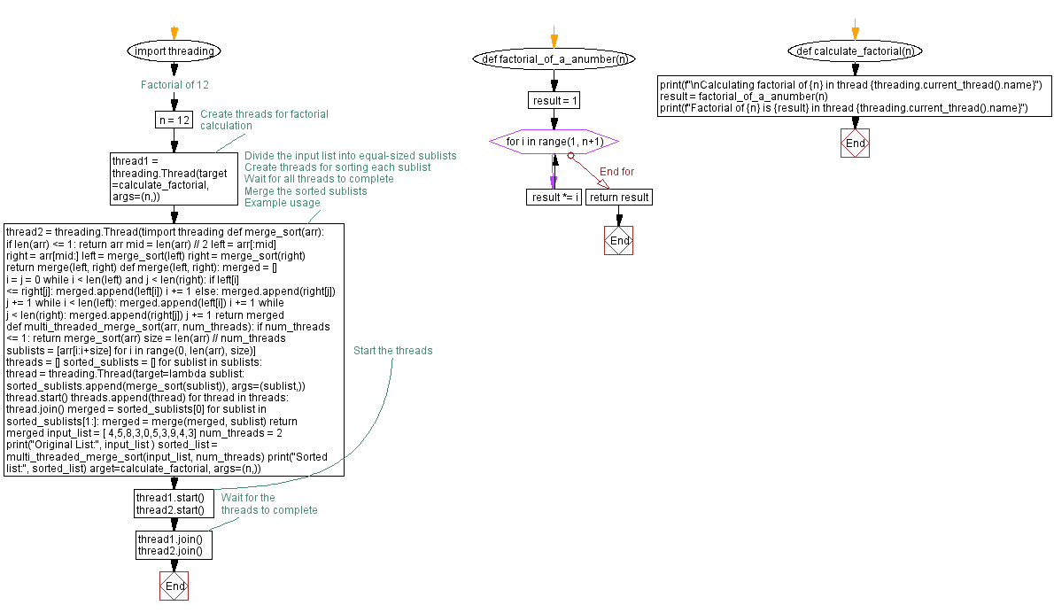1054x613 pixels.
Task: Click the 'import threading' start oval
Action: point(174,51)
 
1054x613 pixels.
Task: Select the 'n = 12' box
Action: point(173,120)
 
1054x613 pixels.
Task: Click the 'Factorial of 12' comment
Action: point(174,85)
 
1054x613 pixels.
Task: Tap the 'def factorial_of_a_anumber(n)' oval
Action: point(554,59)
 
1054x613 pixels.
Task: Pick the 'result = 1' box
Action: point(554,100)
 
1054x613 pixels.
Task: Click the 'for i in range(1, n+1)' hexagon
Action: point(554,142)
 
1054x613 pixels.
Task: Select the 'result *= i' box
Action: point(554,197)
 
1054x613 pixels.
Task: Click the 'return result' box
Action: point(619,197)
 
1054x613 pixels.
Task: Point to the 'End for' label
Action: point(616,172)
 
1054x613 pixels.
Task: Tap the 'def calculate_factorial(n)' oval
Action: point(855,51)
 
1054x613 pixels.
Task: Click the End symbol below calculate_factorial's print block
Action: point(855,144)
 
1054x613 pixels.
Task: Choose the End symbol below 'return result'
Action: point(618,241)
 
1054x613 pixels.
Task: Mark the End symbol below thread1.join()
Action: point(174,586)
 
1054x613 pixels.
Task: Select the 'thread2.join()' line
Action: point(171,551)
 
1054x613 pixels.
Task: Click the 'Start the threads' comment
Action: point(392,351)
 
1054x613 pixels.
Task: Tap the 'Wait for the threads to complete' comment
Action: point(268,503)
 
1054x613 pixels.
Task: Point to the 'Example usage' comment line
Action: point(282,203)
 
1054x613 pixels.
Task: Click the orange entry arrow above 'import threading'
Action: point(174,33)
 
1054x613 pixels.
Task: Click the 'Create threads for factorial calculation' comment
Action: point(264,120)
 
